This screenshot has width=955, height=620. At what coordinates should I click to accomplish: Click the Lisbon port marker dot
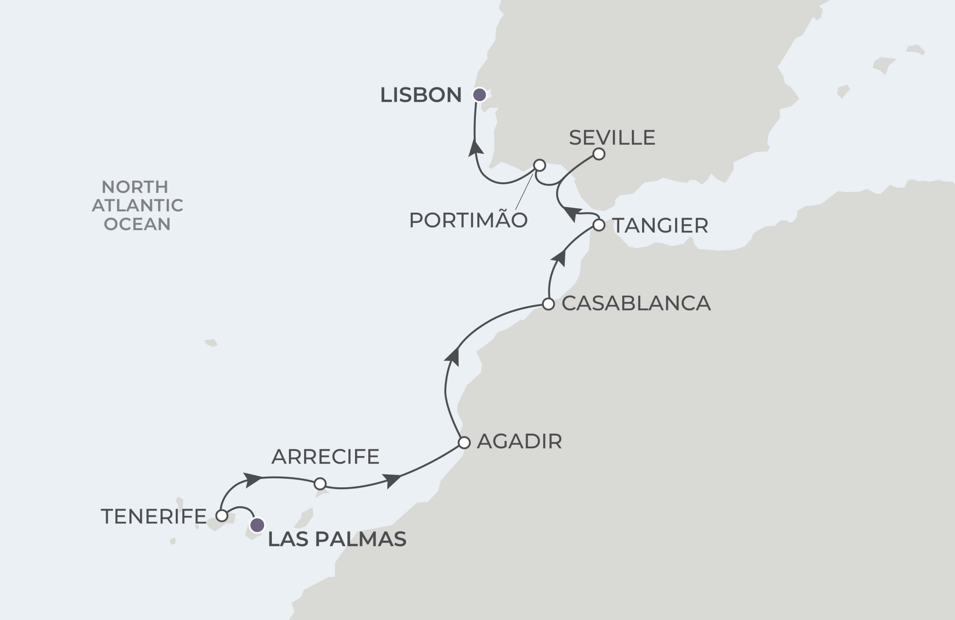coord(479,95)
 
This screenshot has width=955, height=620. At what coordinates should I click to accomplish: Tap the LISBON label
coord(420,95)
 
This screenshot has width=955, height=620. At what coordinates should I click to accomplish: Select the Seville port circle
coord(599,154)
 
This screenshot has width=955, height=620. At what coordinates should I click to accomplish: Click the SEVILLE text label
coord(612,138)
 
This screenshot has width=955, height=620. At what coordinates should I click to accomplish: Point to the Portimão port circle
coord(540,165)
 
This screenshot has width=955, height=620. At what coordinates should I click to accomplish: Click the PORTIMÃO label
coord(468,220)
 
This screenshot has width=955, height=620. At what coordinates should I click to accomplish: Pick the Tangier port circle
coord(599,225)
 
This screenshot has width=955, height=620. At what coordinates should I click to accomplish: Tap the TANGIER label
coord(660,226)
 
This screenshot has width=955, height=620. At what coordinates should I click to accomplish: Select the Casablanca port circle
coord(548,304)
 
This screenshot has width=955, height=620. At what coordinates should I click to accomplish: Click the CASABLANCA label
coord(636,303)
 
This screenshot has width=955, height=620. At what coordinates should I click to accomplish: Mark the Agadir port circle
coord(464,443)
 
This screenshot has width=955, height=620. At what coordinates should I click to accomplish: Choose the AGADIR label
coord(519,442)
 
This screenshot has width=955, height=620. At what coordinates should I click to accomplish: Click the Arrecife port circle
coord(320,484)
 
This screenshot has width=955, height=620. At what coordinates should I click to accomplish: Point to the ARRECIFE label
coord(325,457)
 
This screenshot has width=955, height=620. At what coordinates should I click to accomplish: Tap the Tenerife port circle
coord(222,515)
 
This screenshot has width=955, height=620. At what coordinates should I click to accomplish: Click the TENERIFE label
coord(153,516)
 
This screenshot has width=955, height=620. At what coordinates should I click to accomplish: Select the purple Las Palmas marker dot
coord(257,525)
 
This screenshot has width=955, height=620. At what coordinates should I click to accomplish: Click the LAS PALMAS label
coord(336,539)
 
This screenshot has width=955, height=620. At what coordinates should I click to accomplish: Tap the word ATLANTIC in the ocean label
coord(137,205)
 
